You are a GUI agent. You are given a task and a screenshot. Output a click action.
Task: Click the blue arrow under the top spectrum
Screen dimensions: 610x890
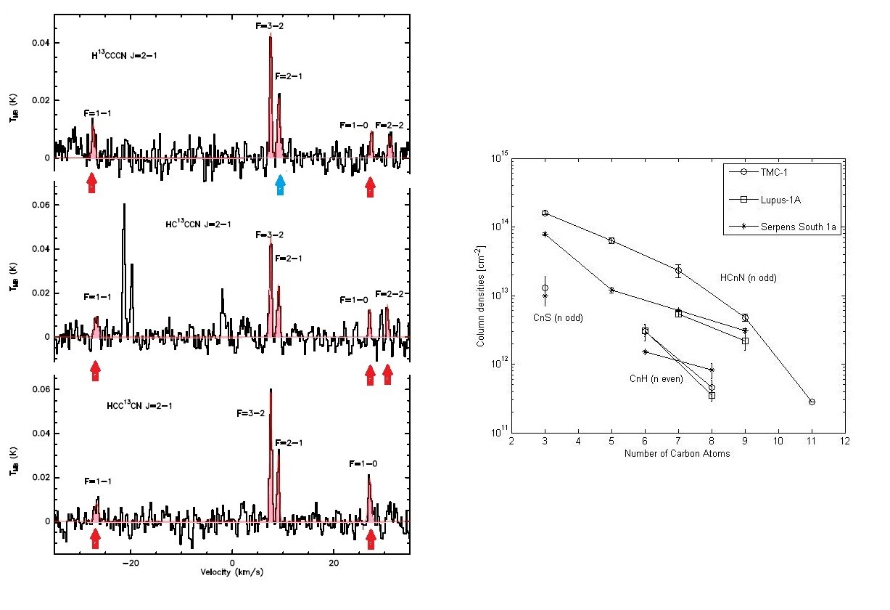[x=280, y=185]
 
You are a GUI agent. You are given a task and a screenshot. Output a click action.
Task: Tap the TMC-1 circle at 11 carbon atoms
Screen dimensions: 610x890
[x=812, y=402]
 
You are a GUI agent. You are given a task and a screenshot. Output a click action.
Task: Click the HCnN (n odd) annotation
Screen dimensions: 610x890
[x=748, y=277]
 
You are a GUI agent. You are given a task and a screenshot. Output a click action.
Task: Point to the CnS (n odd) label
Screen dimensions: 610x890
[x=558, y=317]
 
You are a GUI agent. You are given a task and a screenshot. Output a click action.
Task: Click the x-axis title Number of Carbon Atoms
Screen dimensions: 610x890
[x=676, y=454]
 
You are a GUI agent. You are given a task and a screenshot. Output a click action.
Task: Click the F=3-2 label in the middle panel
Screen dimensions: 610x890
[x=270, y=235]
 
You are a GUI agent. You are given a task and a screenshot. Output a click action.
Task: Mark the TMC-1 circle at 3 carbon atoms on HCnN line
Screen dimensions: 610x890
[x=545, y=213]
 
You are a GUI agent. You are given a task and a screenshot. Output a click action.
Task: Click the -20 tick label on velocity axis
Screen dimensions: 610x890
[x=130, y=564]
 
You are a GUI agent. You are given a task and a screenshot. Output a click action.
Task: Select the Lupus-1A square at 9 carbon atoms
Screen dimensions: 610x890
[x=745, y=341]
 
